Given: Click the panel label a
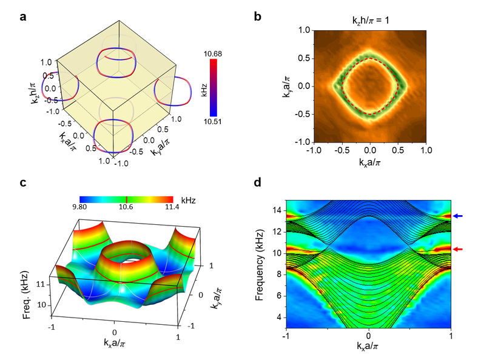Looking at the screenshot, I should (23, 17).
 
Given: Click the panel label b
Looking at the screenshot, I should (258, 17).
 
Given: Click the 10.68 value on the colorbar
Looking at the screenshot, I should (213, 54).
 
